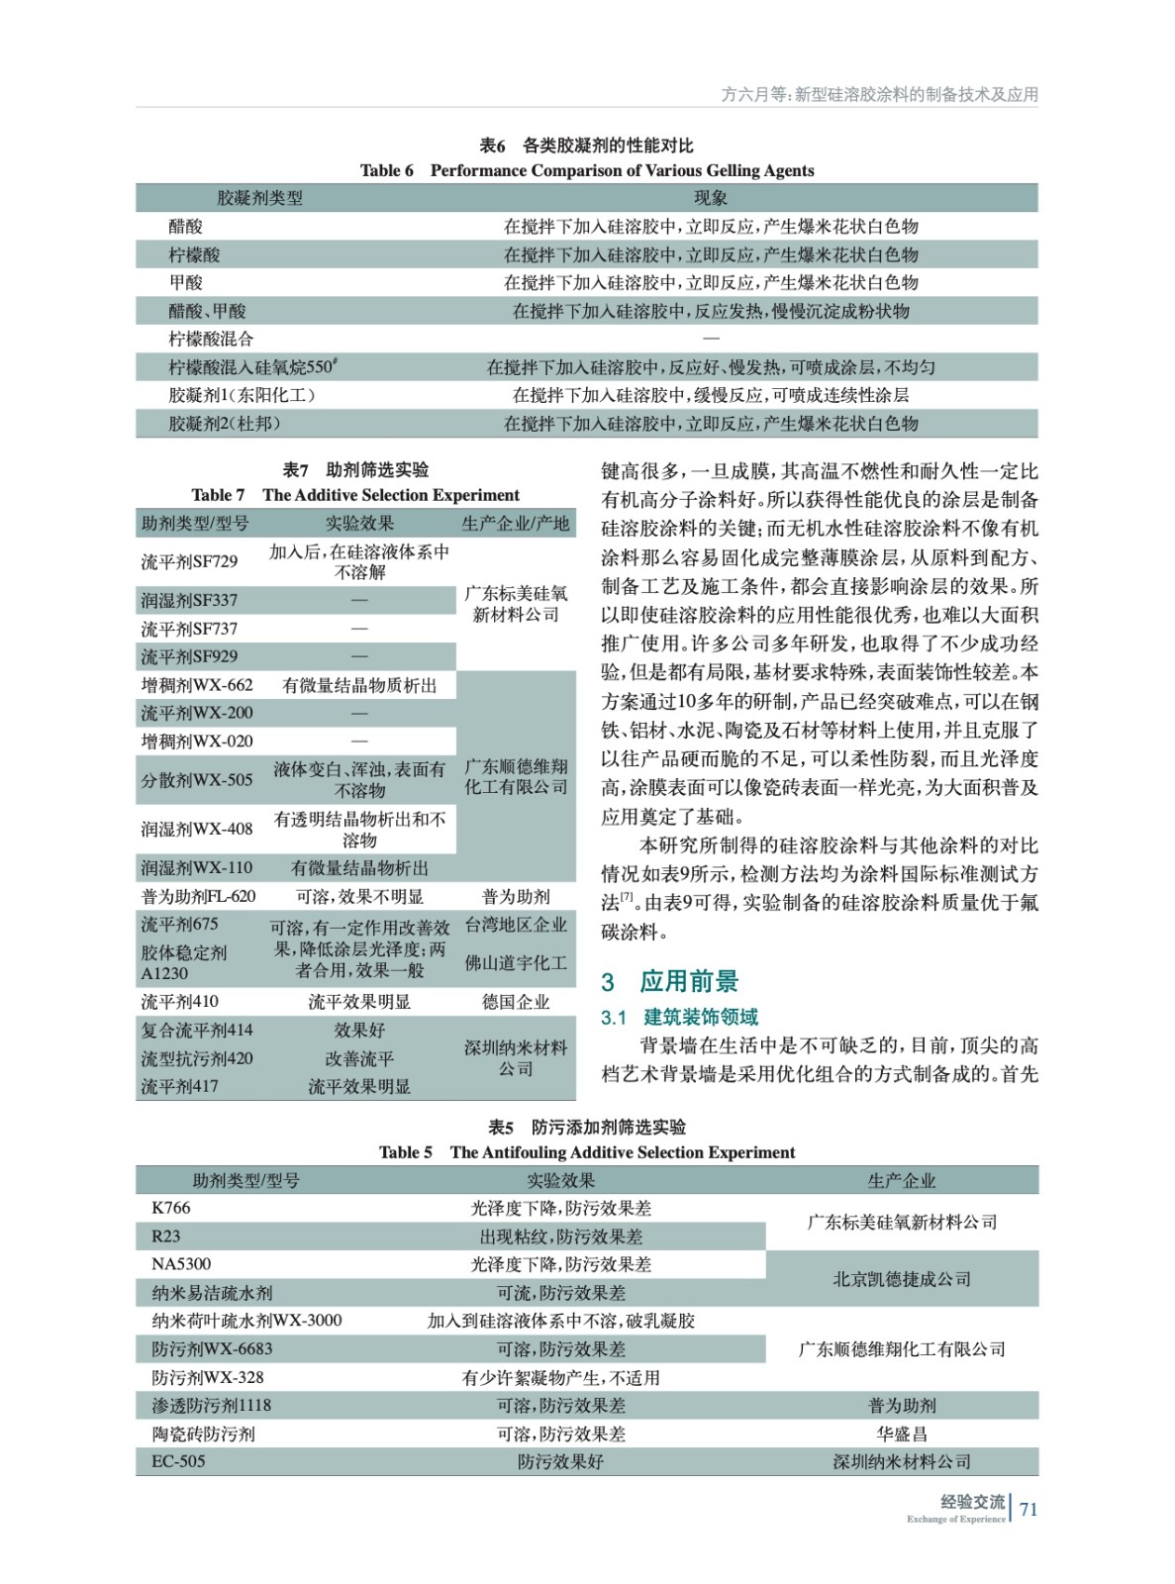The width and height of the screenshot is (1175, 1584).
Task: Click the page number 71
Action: pyautogui.click(x=1028, y=1509)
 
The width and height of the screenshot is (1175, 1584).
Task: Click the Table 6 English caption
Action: pyautogui.click(x=587, y=170)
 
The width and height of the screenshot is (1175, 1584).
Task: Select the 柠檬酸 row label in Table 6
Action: pyautogui.click(x=194, y=254)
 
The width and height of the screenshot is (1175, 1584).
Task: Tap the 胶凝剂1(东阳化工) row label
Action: pyautogui.click(x=242, y=395)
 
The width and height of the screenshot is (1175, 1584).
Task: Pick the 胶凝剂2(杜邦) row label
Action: pyautogui.click(x=225, y=424)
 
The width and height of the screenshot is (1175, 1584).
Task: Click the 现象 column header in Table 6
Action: pyautogui.click(x=711, y=198)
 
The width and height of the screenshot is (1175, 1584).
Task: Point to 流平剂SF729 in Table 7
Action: pyautogui.click(x=189, y=561)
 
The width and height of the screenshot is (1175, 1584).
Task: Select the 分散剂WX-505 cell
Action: pyautogui.click(x=196, y=779)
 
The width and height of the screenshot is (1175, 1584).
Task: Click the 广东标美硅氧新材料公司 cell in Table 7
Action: pyautogui.click(x=516, y=604)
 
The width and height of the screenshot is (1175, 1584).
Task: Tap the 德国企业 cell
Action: pyautogui.click(x=516, y=1002)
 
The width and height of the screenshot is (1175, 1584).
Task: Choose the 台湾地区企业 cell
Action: pyautogui.click(x=516, y=925)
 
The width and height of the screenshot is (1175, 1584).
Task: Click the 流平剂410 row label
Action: pyautogui.click(x=179, y=1002)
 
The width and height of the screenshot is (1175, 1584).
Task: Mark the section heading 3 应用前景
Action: pyautogui.click(x=670, y=982)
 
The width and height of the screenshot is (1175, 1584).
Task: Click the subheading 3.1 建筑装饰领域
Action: pyautogui.click(x=680, y=1017)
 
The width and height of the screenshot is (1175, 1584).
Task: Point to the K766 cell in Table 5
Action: pyautogui.click(x=171, y=1208)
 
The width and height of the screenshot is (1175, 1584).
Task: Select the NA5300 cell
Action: pyautogui.click(x=181, y=1264)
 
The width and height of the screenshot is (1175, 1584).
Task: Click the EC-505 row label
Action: pyautogui.click(x=178, y=1461)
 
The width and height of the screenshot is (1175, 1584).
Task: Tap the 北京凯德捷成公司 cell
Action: pyautogui.click(x=902, y=1278)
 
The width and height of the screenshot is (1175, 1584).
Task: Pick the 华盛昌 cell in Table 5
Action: pyautogui.click(x=902, y=1434)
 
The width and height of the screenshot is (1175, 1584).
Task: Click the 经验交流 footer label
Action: pyautogui.click(x=971, y=1502)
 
